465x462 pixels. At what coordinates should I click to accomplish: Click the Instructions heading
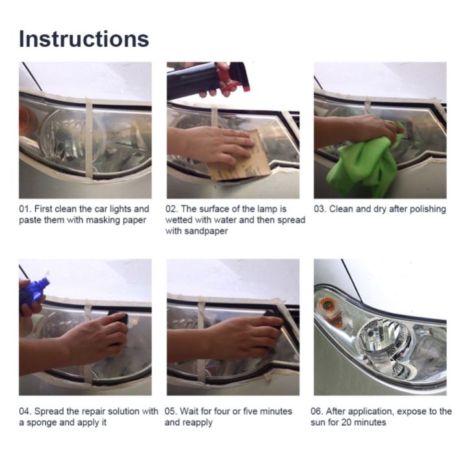[x=84, y=39]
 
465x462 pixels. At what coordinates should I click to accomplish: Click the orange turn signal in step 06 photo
[x=329, y=308]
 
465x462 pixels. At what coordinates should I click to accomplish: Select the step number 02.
[x=171, y=209]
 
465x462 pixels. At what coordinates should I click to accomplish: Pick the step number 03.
[x=320, y=209]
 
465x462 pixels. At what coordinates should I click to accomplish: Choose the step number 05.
[x=171, y=411]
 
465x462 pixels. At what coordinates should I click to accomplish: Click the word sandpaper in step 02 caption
[x=206, y=231]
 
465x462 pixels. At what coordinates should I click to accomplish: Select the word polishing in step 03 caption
[x=427, y=209]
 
